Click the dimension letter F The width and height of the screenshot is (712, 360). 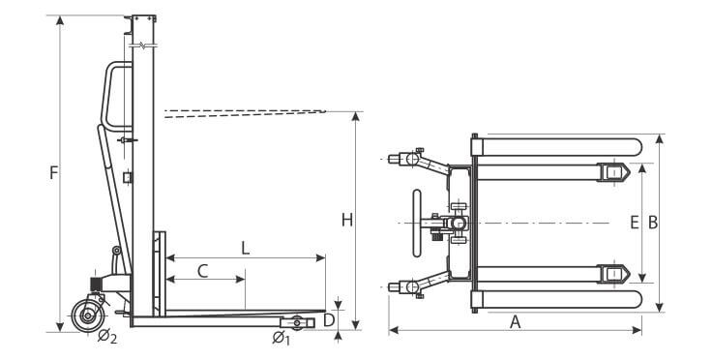(54, 173)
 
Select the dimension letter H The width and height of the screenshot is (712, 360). (347, 221)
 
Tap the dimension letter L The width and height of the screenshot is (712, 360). (245, 249)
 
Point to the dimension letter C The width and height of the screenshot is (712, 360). (202, 271)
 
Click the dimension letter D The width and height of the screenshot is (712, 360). (329, 320)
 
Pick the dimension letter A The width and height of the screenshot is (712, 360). (515, 322)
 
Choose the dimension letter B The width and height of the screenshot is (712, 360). (653, 223)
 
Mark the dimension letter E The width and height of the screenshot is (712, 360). (635, 223)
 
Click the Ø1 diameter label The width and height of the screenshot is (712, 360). (282, 338)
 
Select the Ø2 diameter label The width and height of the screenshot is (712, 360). (107, 337)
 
